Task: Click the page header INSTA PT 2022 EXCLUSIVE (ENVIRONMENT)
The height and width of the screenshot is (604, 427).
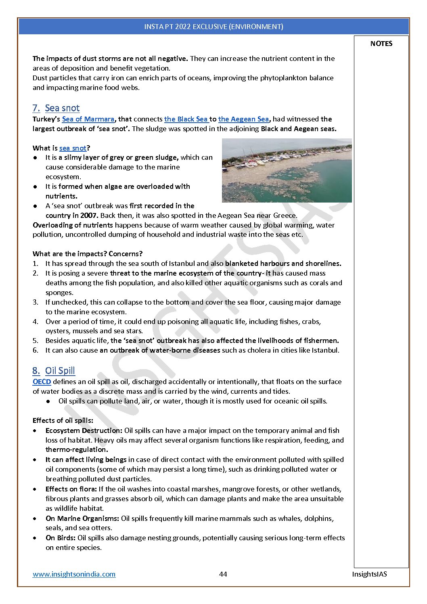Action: pos(213,27)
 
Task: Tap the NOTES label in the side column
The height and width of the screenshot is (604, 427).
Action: pos(381,44)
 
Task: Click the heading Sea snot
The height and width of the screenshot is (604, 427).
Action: pos(62,108)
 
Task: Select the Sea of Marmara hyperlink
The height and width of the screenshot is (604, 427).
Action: pos(88,119)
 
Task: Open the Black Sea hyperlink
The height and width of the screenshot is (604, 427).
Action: pos(186,119)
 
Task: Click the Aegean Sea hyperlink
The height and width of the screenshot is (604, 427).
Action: pos(243,119)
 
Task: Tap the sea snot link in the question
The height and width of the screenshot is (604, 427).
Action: pos(73,148)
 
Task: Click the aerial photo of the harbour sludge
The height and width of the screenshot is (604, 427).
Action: pos(287,170)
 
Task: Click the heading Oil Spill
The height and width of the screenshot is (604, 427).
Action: pos(60,371)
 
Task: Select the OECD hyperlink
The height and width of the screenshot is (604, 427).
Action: pos(42,382)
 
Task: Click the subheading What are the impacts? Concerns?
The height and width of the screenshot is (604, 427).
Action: pos(88,254)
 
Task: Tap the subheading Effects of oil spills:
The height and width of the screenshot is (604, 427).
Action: pos(63,420)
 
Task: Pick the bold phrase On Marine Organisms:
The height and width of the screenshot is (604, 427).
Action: pos(82,518)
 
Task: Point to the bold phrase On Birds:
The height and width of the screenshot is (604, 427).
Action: pos(61,538)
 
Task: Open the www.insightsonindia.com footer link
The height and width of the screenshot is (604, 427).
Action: pos(74,574)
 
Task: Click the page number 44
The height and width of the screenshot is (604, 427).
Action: pos(223,574)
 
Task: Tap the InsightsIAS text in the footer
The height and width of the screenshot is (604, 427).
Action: pos(369,574)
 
